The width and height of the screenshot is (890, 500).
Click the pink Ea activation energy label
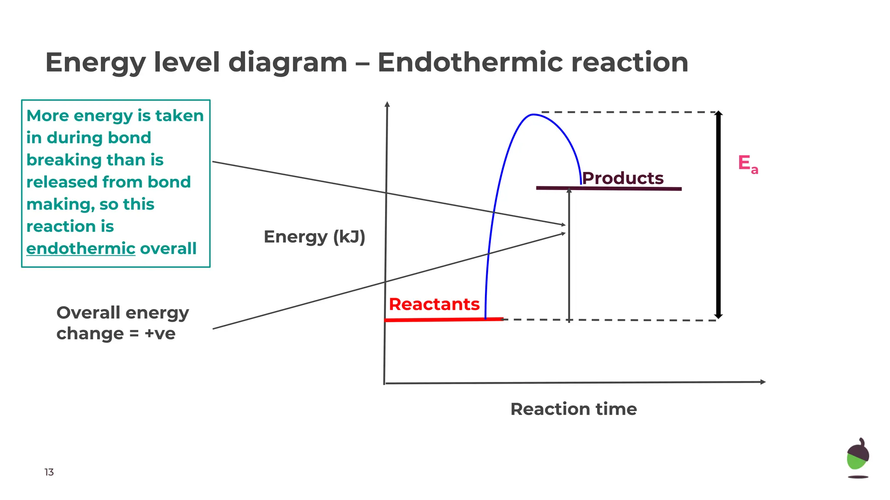(x=747, y=164)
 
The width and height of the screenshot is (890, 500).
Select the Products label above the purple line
(x=622, y=178)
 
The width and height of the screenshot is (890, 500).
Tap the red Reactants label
(x=434, y=304)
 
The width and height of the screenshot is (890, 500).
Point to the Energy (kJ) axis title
(x=314, y=237)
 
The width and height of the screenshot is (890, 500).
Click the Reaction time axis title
(x=573, y=409)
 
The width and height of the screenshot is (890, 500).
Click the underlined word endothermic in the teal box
(x=81, y=249)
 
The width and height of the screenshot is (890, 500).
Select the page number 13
(x=49, y=472)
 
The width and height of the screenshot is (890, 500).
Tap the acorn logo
(x=858, y=458)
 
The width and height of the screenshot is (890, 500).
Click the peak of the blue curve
(x=533, y=115)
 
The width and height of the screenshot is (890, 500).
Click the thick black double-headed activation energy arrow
(x=718, y=217)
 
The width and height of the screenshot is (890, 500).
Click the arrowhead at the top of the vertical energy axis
(x=387, y=104)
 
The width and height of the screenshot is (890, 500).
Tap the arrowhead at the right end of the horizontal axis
(x=763, y=382)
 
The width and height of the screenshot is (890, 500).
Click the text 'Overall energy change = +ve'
(x=123, y=323)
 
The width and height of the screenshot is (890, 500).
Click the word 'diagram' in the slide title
(x=288, y=62)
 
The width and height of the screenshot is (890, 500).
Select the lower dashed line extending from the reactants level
(x=608, y=320)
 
